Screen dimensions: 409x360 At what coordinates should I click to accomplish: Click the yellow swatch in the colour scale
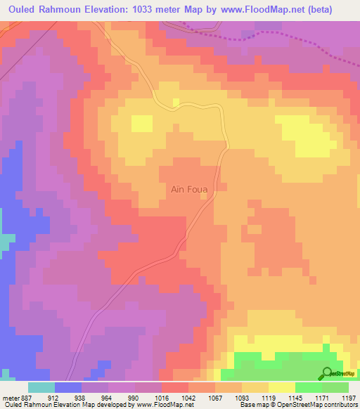[282, 387]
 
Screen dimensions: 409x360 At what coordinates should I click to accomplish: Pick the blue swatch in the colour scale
[68, 387]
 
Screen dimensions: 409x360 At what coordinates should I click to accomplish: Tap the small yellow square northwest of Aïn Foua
[142, 124]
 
